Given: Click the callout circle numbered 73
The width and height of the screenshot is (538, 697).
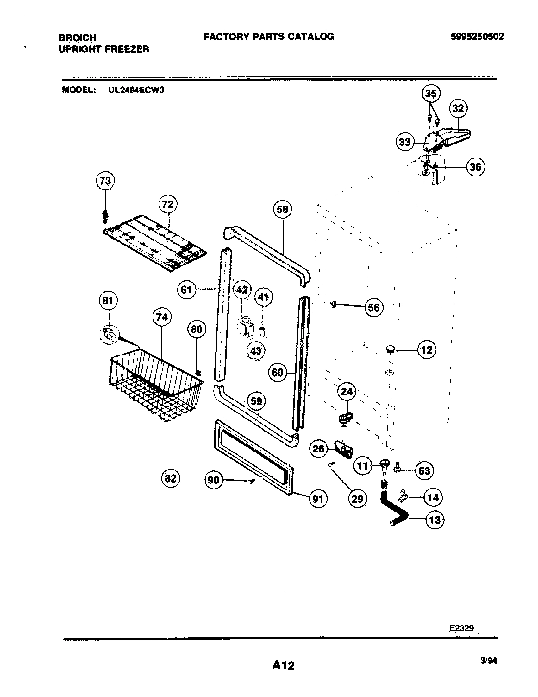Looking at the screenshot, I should pos(105,181).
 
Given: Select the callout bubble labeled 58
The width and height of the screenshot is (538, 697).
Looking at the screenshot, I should pos(283,209).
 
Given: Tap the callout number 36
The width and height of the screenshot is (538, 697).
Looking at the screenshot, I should pos(476,167).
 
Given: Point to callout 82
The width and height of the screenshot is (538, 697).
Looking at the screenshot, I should pos(171,478).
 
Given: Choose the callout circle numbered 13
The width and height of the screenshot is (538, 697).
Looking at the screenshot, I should pos(435,521).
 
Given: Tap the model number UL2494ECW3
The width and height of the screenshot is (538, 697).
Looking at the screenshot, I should pos(136,90).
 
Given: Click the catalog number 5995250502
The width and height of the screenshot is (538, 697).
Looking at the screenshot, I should pos(477,37).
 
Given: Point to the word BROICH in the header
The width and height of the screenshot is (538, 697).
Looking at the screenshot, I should pos(78,38).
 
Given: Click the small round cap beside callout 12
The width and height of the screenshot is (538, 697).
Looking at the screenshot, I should pos(390,349).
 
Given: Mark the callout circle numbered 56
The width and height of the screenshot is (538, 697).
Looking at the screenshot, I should pos(373,307).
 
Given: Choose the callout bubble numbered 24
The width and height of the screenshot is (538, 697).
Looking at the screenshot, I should pos(347,391).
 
